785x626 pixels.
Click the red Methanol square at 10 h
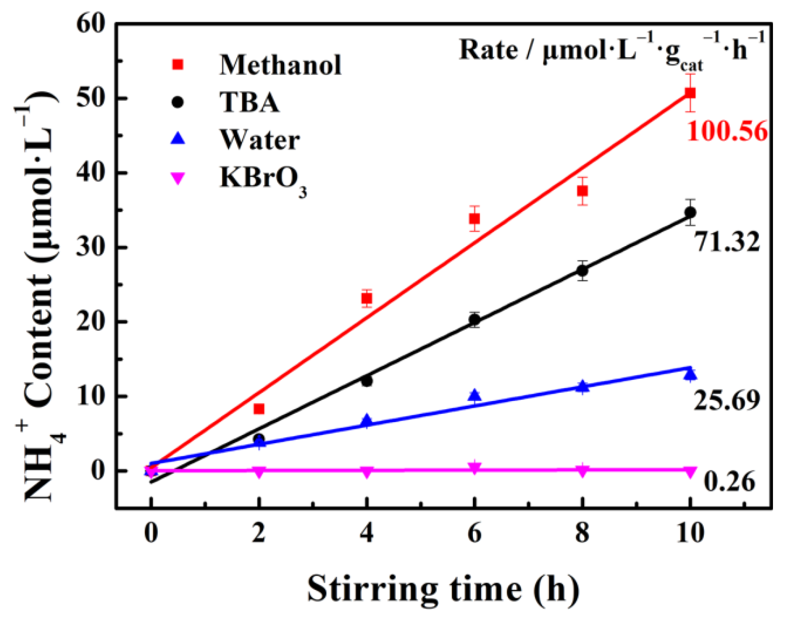coord(690,93)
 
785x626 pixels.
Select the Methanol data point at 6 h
coord(474,219)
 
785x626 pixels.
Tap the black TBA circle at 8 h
coord(582,271)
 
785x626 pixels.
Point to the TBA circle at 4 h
coord(367,381)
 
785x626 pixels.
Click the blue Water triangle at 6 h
coord(474,396)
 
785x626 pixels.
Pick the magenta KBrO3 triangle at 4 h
coord(367,472)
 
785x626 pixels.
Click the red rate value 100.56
coord(727,131)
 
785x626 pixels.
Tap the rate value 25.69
coord(727,401)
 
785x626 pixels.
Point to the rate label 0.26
coord(729,482)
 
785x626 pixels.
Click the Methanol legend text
coord(280,65)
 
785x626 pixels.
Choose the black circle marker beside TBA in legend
coord(178,102)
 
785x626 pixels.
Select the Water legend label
coord(260,140)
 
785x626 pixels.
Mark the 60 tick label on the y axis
coord(91,24)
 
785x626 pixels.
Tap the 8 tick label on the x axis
coord(582,533)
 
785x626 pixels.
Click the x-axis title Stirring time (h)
coord(443,589)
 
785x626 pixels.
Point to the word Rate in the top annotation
coord(488,50)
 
